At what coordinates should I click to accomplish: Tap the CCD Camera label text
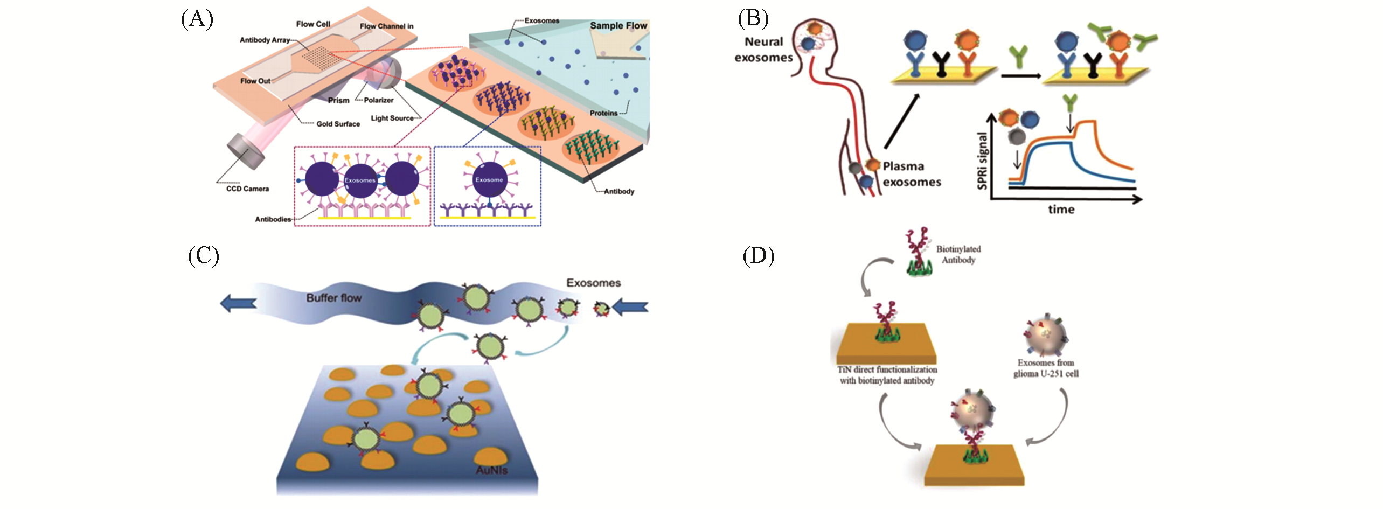click(x=247, y=189)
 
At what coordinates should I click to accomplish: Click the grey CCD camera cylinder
click(x=246, y=150)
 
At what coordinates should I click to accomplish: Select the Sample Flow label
click(x=618, y=25)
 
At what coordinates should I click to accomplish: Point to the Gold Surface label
click(x=338, y=124)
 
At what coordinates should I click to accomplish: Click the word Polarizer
click(x=378, y=100)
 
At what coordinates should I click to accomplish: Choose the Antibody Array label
click(x=265, y=40)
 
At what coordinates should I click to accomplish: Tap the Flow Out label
click(x=255, y=81)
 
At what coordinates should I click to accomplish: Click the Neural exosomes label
click(x=763, y=50)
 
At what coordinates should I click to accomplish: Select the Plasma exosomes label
click(x=912, y=174)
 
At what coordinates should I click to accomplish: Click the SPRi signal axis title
click(x=983, y=161)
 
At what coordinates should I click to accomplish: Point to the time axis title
click(x=1061, y=210)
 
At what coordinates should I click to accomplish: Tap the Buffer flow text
click(x=333, y=298)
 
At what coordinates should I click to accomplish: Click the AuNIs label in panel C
click(x=491, y=470)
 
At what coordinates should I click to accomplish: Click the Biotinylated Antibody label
click(x=958, y=254)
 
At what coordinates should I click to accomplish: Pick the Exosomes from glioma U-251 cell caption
click(x=1046, y=368)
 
